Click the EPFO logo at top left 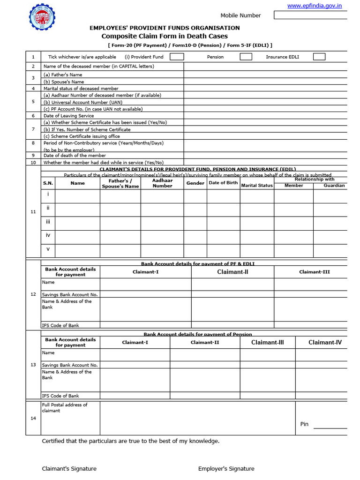(42, 17)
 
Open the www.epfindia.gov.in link (314, 6)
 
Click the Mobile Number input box (310, 15)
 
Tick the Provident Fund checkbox (177, 57)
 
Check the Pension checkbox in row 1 (246, 57)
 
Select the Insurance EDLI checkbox (319, 57)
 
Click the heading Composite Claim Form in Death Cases (165, 36)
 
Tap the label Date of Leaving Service (68, 115)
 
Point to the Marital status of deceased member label (81, 88)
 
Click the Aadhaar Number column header (162, 183)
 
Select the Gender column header (195, 183)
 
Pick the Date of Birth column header (223, 183)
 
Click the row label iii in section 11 (48, 221)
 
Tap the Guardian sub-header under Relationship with (334, 186)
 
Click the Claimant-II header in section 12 (232, 272)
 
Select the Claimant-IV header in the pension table (325, 342)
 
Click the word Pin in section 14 (304, 424)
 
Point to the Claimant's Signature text (69, 469)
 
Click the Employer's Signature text (226, 469)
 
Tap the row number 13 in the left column (33, 365)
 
